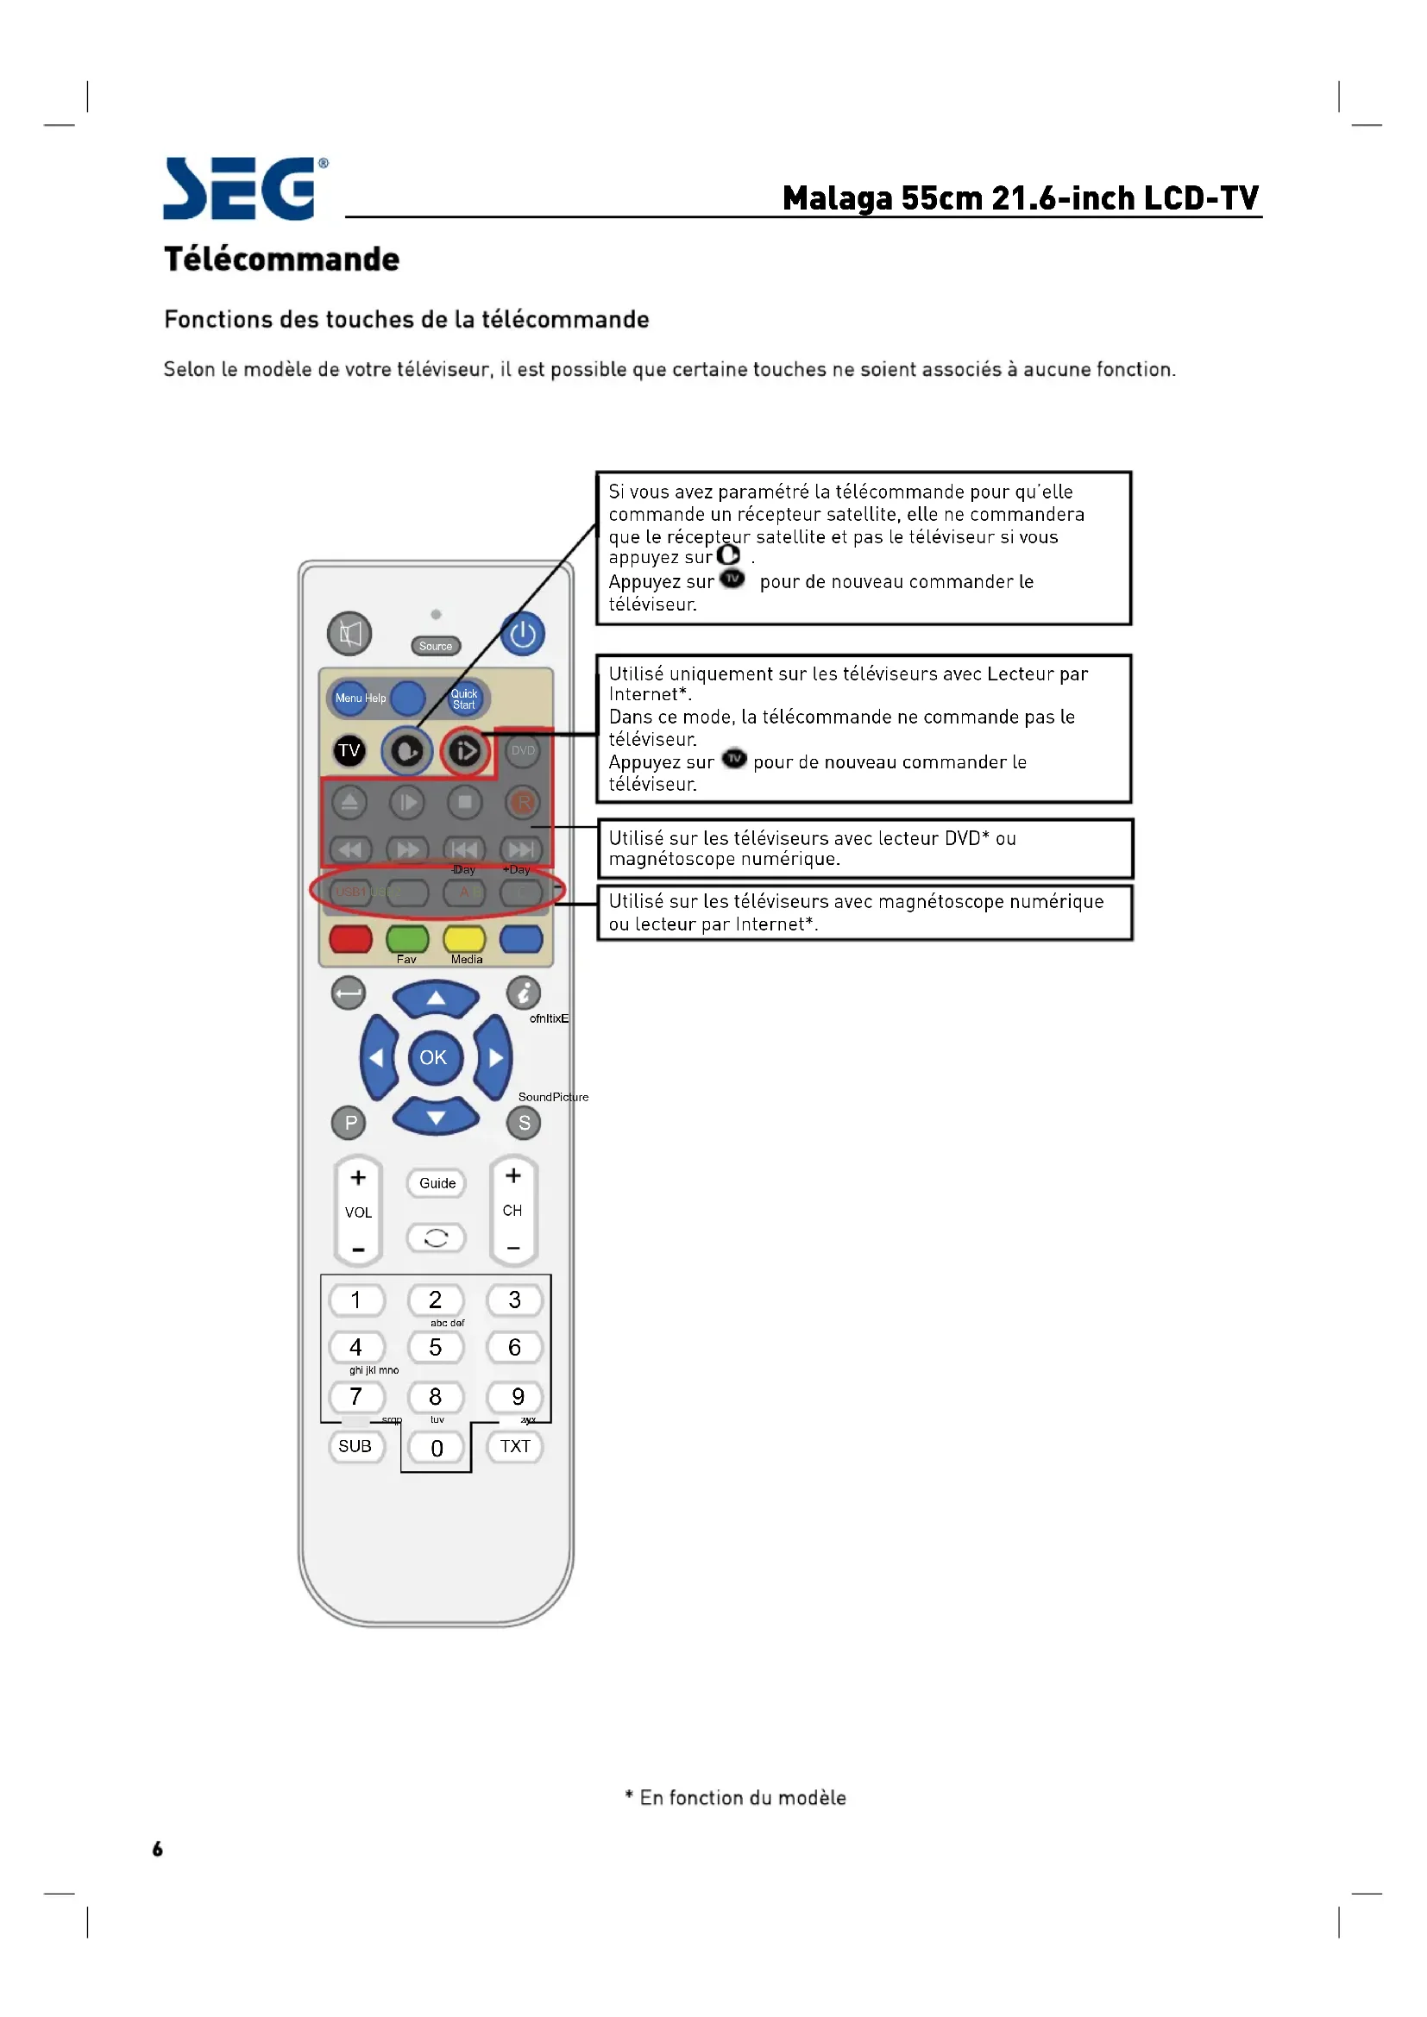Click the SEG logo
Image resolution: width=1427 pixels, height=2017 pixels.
[x=245, y=188]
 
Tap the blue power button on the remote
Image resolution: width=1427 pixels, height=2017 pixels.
[x=523, y=635]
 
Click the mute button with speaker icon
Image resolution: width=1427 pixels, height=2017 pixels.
[x=349, y=634]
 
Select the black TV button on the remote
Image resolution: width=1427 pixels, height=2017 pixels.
[x=349, y=750]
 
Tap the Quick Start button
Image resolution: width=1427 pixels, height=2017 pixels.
[x=464, y=699]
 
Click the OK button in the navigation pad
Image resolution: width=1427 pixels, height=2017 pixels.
[x=434, y=1058]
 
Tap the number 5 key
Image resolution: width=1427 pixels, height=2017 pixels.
[x=435, y=1348]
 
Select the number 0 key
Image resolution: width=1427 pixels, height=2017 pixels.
[x=437, y=1449]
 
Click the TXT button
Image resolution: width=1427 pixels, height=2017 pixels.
[x=516, y=1447]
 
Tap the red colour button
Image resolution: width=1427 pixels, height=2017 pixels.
[x=350, y=938]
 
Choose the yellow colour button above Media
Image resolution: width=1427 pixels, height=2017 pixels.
[x=465, y=938]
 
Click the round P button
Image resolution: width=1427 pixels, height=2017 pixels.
[x=350, y=1123]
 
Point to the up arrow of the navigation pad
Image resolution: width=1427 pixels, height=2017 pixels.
[x=436, y=999]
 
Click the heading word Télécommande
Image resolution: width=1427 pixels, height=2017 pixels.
[x=282, y=260]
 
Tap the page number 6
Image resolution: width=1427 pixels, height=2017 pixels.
[x=157, y=1849]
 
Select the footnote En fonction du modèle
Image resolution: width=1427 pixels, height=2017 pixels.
[x=735, y=1797]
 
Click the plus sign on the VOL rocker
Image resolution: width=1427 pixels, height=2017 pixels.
[x=359, y=1178]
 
